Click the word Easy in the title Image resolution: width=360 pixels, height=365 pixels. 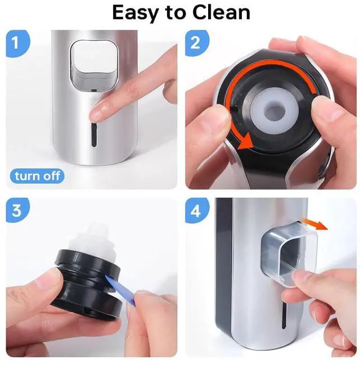point(138,12)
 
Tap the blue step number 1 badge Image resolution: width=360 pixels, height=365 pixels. point(17,43)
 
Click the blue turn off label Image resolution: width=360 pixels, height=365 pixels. point(37,176)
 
